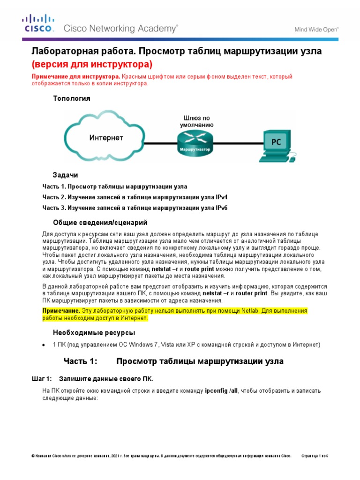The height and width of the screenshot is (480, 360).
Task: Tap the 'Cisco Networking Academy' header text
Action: (x=120, y=29)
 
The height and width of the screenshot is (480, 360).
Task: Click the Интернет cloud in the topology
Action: (x=106, y=137)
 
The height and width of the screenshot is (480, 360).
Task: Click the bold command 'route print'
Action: (x=199, y=270)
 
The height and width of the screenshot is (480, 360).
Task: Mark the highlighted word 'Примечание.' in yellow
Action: (x=61, y=311)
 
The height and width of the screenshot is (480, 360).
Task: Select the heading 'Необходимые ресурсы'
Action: (x=94, y=332)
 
